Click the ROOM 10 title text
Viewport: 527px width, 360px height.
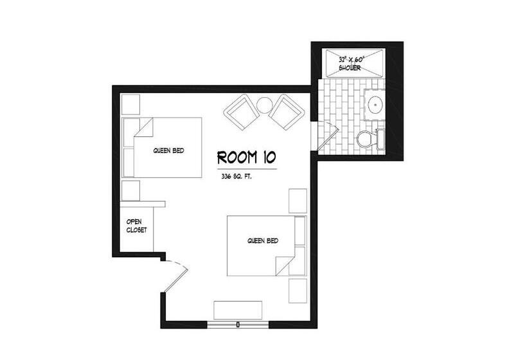247,157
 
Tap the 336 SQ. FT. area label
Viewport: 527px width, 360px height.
237,176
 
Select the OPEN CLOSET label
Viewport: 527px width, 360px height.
136,226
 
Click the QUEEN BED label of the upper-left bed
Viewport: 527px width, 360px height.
169,150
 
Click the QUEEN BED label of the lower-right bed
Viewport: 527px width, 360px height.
263,240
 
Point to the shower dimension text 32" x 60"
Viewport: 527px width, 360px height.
352,60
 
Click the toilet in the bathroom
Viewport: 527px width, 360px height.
370,139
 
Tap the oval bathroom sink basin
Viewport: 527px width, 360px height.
375,105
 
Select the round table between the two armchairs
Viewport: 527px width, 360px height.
265,105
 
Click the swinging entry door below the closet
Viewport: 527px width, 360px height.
175,276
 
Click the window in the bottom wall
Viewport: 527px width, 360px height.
238,325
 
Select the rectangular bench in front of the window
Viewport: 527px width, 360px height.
238,310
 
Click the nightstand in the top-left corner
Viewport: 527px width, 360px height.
130,105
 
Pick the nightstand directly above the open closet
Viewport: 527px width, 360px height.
130,190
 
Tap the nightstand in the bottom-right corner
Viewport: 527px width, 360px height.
298,291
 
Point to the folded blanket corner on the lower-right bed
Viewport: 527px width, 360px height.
285,266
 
